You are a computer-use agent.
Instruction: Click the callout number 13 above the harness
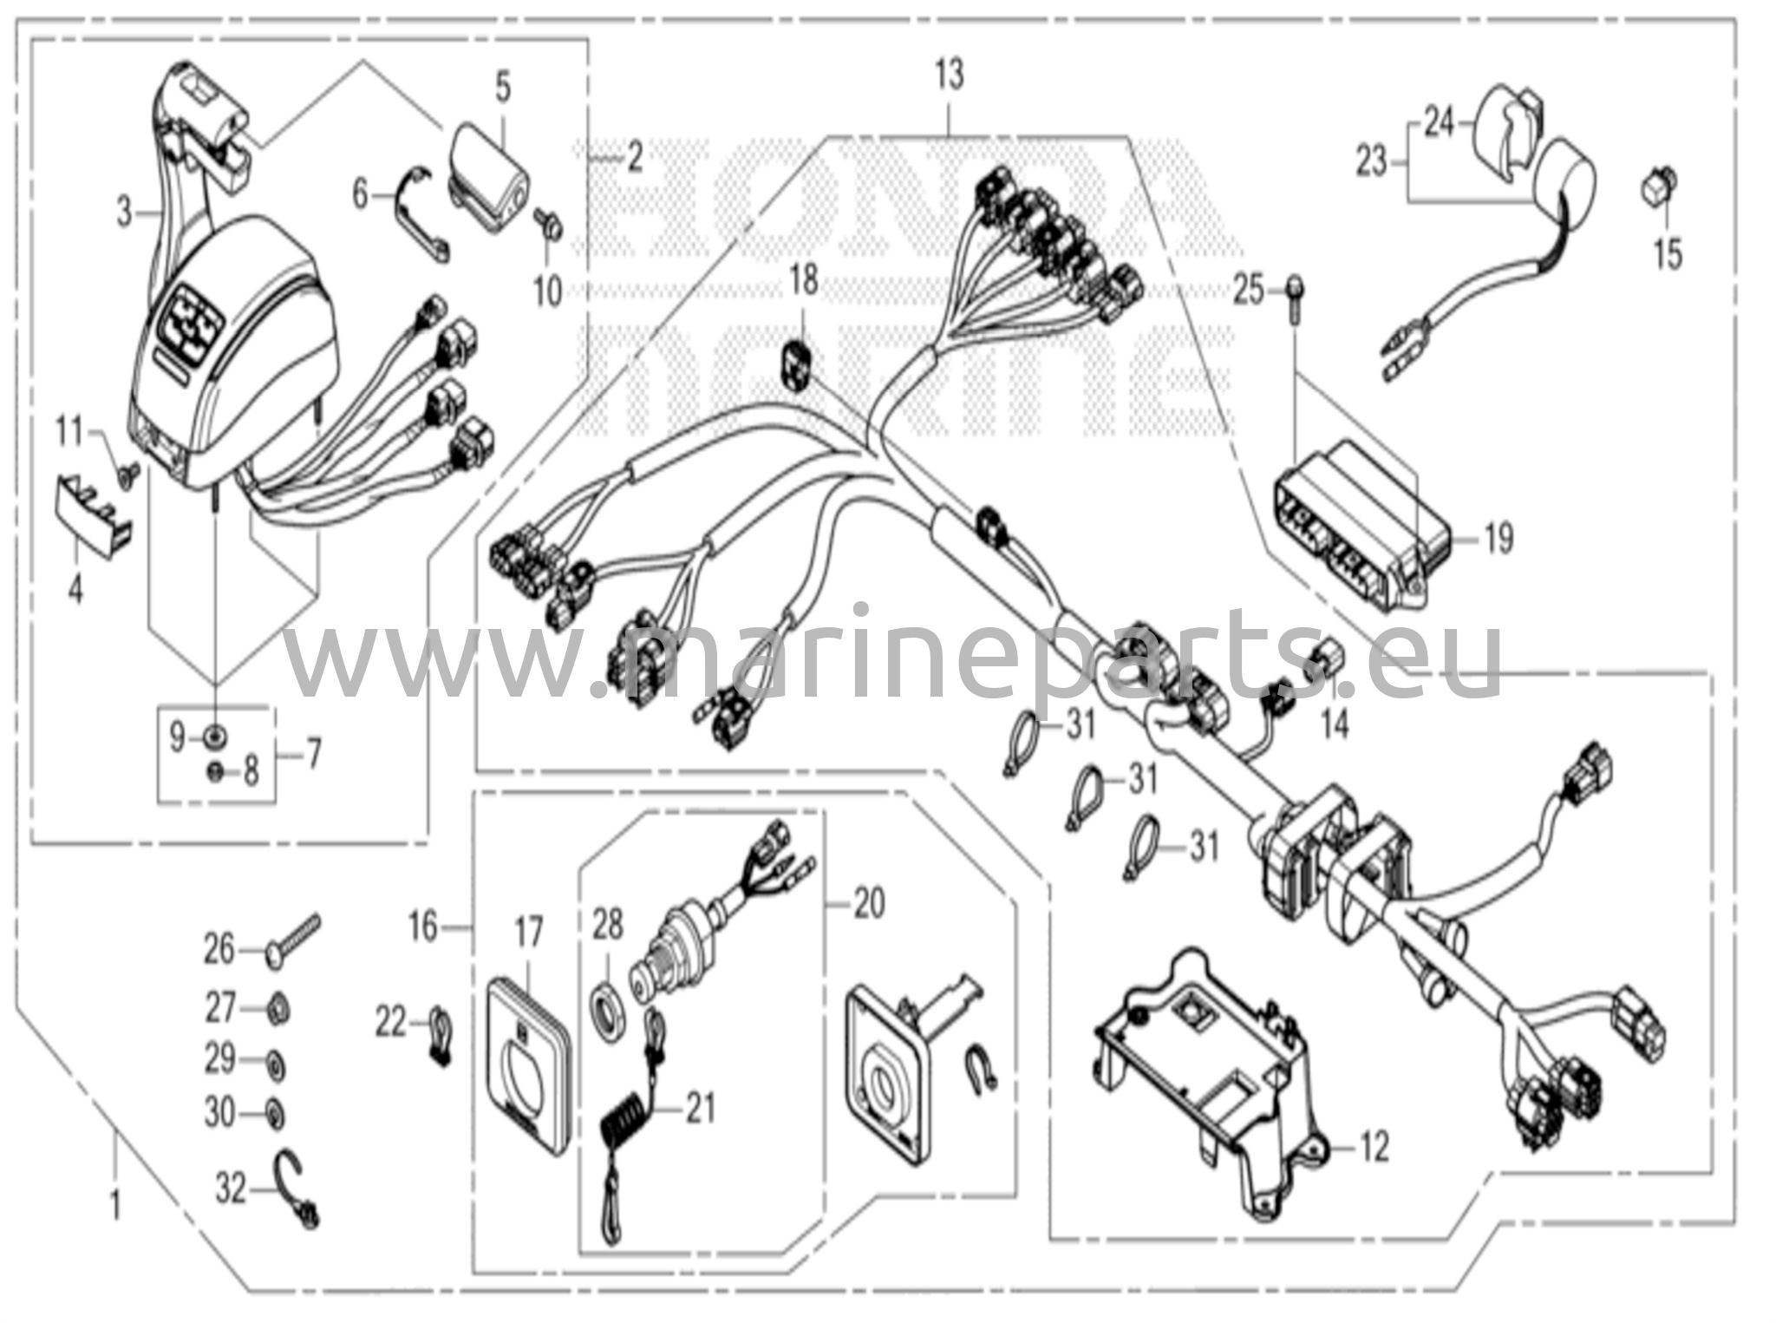pyautogui.click(x=950, y=75)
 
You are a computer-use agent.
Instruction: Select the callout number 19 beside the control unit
pyautogui.click(x=1498, y=538)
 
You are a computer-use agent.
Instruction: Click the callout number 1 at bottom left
pyautogui.click(x=115, y=1206)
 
